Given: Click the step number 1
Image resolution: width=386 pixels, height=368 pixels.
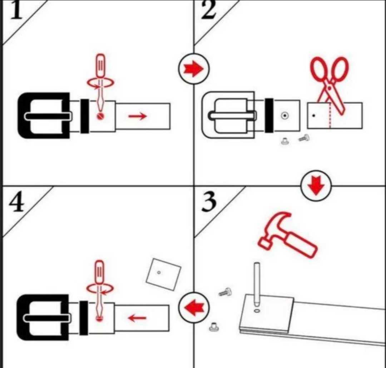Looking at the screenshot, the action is (x=16, y=10).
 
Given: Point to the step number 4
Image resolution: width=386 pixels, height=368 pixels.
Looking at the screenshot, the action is (x=17, y=202).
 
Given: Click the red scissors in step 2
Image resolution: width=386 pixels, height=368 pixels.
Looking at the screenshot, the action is (x=330, y=84).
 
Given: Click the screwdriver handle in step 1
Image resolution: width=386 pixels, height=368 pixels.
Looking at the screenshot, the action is (x=100, y=65).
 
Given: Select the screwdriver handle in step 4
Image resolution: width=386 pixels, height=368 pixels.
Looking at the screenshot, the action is (x=99, y=272).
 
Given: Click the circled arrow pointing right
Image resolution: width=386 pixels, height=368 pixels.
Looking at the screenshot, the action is (x=194, y=69).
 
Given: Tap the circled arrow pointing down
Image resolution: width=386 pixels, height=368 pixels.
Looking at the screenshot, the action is (x=316, y=186).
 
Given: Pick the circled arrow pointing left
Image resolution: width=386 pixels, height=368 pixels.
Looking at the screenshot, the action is (x=194, y=308).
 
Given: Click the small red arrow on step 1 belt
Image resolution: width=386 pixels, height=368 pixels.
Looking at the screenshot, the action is (x=137, y=116).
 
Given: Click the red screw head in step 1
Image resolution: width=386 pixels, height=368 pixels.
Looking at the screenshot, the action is (x=100, y=116).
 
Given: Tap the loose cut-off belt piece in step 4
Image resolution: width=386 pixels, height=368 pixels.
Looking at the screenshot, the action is (x=163, y=274).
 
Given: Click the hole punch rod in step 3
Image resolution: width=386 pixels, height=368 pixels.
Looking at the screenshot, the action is (x=257, y=284).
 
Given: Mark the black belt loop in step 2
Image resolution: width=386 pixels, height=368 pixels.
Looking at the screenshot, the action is (x=269, y=115).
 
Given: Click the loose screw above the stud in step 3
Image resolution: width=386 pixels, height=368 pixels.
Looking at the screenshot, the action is (x=225, y=292).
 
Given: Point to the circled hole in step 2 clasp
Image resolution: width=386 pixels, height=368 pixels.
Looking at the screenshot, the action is (x=285, y=115).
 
